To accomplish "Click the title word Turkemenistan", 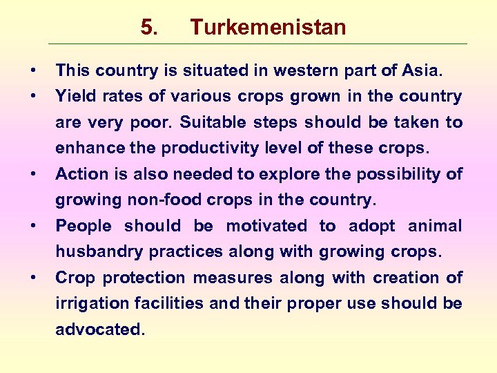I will tap(268, 28).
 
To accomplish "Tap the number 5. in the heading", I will tap(149, 28).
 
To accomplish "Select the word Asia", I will tap(421, 70).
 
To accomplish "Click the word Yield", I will tap(73, 96).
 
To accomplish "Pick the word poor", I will tap(153, 122).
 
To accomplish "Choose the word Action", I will tap(79, 174).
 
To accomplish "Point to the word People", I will tap(83, 226).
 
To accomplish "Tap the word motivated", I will tap(266, 226).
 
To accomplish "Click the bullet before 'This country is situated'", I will tap(33, 70).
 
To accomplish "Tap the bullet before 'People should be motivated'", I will tap(33, 226).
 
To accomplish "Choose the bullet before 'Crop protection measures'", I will tap(33, 278).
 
